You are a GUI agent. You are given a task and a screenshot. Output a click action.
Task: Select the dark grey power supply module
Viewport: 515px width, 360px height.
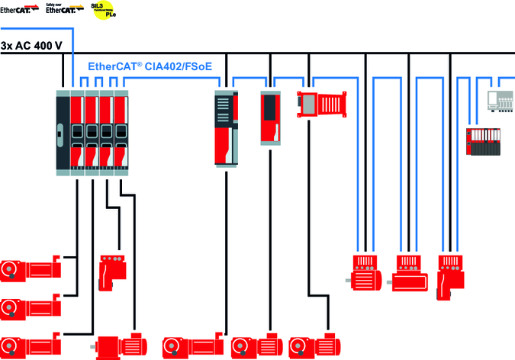click(x=63, y=132)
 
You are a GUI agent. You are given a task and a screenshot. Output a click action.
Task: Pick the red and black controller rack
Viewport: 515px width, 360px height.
click(x=485, y=140)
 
